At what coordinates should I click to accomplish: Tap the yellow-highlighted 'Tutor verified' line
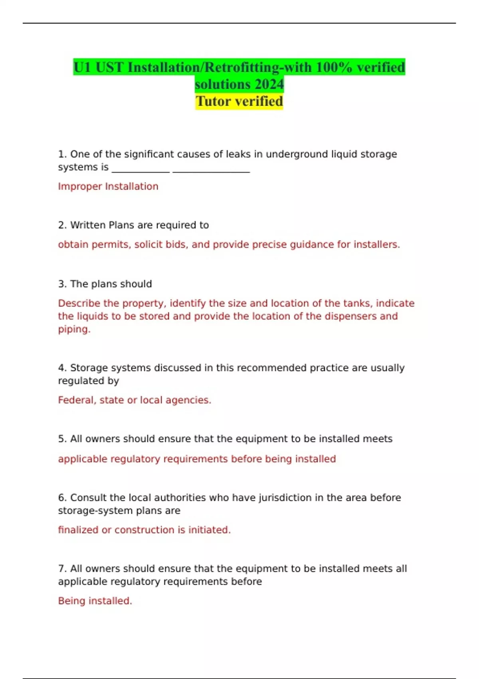(x=239, y=101)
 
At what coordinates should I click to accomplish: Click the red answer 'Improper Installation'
(x=108, y=187)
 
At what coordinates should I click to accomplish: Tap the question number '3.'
(x=62, y=284)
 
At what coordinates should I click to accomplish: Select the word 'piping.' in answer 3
(x=74, y=329)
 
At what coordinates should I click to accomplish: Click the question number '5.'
(x=62, y=439)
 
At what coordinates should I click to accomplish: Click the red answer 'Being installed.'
(x=95, y=601)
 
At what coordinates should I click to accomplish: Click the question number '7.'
(x=62, y=569)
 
